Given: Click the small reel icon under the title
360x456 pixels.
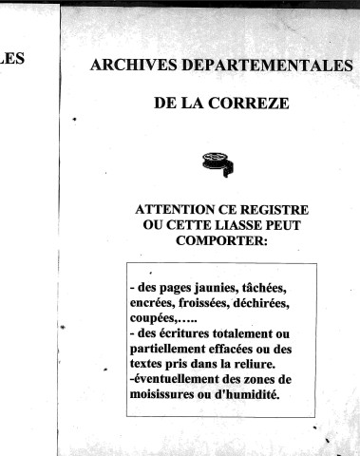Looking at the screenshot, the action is [218, 165].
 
